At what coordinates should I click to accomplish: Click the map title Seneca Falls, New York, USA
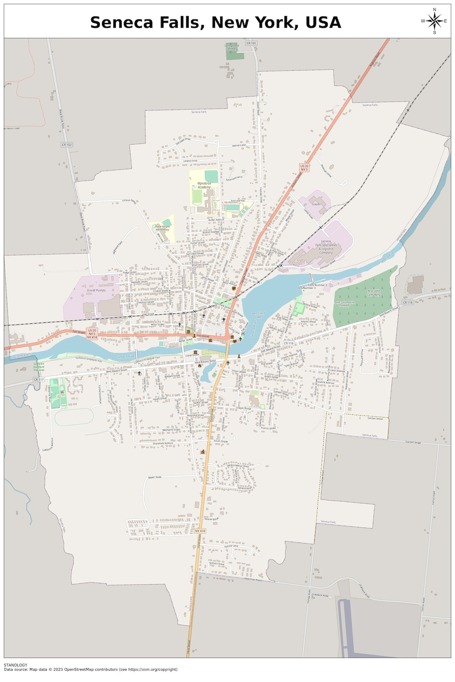215,22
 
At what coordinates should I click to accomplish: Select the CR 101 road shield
251,43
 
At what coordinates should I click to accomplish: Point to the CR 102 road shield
67,145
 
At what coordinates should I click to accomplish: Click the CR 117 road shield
38,379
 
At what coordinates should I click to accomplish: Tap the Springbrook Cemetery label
232,47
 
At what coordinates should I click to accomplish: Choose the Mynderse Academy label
204,185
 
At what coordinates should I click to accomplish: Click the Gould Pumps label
96,290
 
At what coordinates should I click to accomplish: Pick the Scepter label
316,204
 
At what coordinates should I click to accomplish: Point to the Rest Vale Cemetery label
373,293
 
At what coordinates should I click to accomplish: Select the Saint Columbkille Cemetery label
345,303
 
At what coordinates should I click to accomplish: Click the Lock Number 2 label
318,285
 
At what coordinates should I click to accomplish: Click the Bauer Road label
155,477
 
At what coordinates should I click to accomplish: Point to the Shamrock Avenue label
163,443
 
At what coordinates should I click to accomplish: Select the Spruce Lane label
231,546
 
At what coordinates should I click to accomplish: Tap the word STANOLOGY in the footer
16,665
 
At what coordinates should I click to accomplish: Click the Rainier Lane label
239,145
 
